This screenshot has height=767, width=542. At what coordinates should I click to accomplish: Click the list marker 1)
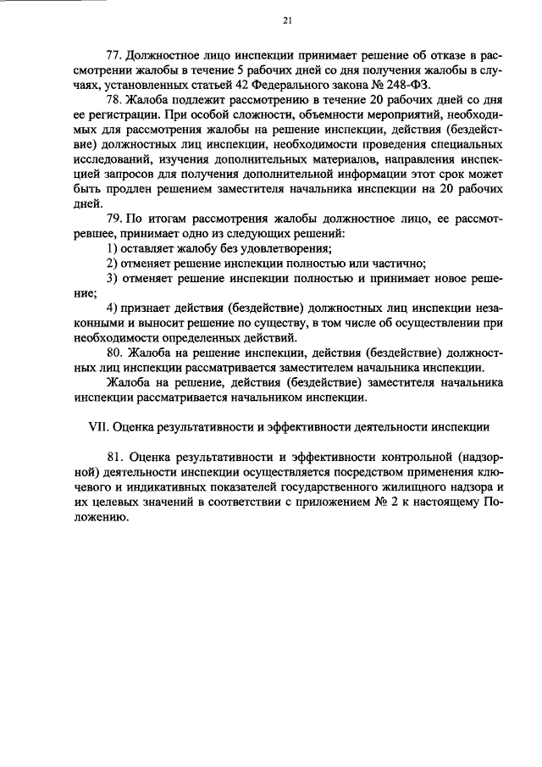(113, 248)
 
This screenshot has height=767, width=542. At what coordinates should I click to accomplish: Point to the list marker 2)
(113, 263)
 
